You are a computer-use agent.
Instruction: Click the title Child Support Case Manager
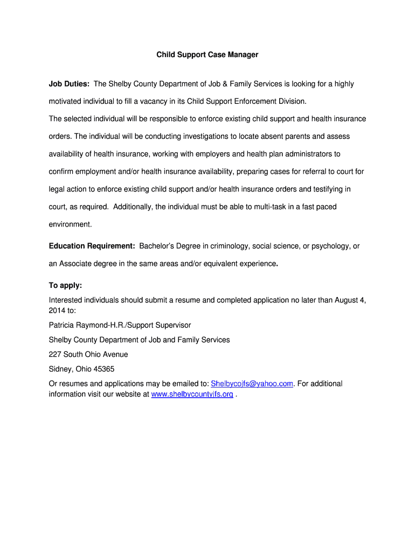click(x=207, y=55)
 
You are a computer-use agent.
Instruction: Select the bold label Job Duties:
click(x=70, y=84)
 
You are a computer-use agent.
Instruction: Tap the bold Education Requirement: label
click(x=92, y=246)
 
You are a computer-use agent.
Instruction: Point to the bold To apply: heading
click(x=65, y=285)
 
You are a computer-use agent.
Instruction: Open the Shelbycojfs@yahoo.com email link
click(x=252, y=384)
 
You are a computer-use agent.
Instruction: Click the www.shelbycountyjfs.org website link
click(x=192, y=394)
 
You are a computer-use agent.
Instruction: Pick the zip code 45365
click(x=102, y=369)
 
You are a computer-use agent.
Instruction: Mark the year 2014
click(x=57, y=310)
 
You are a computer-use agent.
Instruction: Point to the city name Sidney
click(x=60, y=369)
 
